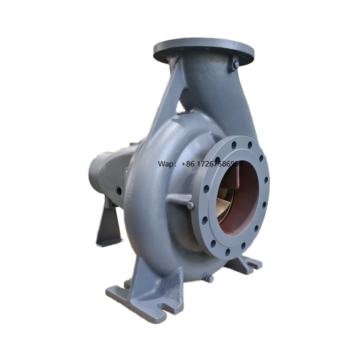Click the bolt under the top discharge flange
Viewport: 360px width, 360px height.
(x=235, y=65)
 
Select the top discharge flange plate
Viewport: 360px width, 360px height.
(x=203, y=50)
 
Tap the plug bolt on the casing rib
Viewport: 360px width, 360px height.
(x=190, y=205)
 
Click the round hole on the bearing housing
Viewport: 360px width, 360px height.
(x=118, y=190)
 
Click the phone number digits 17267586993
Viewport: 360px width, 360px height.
(x=219, y=164)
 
